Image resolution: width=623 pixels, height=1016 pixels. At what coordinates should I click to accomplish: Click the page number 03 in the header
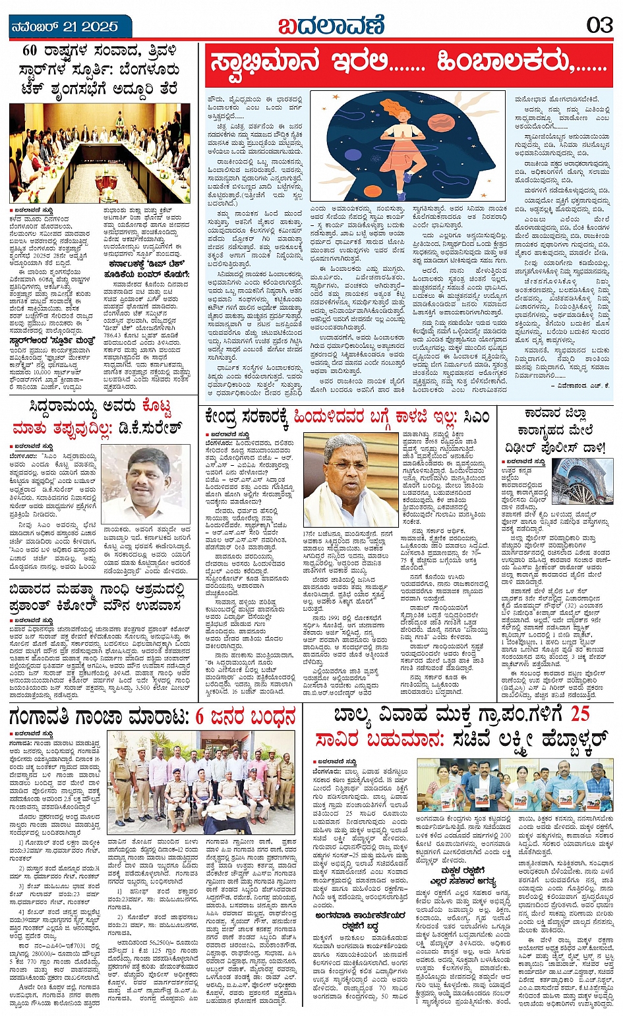coord(599,25)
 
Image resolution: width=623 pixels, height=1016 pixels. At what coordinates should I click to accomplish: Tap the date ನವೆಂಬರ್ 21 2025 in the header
coord(65,26)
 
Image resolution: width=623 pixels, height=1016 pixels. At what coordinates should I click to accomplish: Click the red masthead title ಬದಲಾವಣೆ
coord(330,25)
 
